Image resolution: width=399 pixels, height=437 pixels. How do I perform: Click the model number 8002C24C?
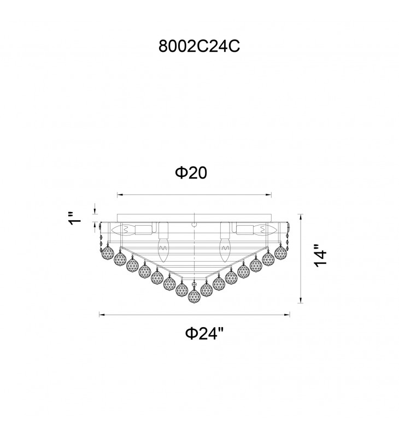tap(199, 46)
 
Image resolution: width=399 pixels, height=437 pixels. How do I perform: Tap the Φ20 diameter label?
tap(191, 173)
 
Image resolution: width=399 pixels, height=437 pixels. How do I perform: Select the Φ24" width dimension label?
tap(204, 333)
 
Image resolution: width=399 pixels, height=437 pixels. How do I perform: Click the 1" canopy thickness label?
tap(74, 218)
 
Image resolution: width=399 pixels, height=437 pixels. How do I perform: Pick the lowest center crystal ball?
tap(194, 296)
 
